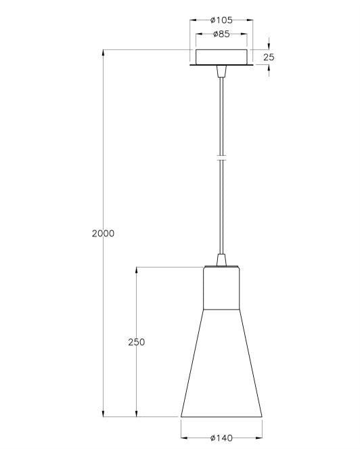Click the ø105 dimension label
[221, 20]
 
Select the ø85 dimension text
[221, 34]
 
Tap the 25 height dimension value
[269, 58]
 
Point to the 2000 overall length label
[103, 234]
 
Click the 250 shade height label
[137, 342]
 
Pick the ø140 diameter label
[221, 438]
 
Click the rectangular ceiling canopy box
[221, 57]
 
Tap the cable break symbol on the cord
[221, 158]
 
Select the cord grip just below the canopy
[221, 72]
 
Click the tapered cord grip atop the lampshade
[221, 260]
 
